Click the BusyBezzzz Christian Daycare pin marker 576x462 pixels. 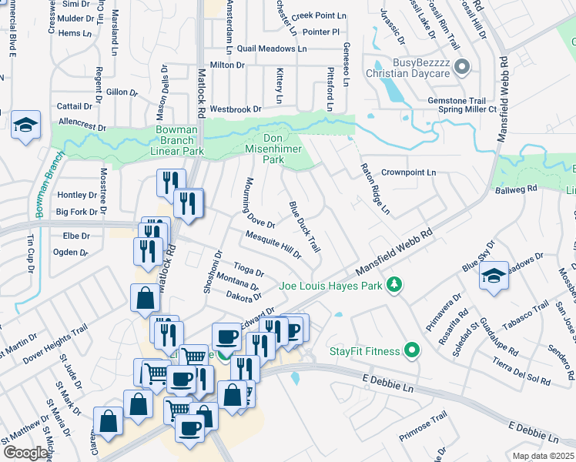[x=463, y=67]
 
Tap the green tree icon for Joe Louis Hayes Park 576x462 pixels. [x=394, y=286]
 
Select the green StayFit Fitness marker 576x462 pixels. [x=411, y=351]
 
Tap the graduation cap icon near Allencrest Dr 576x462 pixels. [x=25, y=125]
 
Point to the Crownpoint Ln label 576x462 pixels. [x=408, y=172]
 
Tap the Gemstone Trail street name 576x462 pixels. [x=457, y=101]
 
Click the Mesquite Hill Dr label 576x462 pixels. [x=273, y=245]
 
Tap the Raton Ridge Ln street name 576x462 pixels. [x=375, y=189]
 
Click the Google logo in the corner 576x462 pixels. [x=25, y=453]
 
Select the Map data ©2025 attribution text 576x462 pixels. [x=544, y=456]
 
